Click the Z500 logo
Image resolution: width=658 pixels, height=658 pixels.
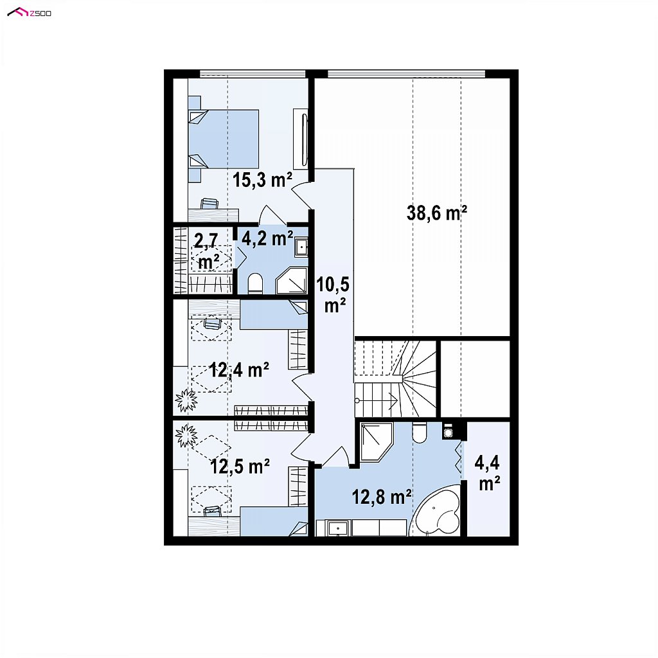30,13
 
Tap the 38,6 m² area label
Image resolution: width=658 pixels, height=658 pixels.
436,213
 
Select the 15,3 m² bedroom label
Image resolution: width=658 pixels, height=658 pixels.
262,180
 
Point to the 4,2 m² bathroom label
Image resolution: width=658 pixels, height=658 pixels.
267,238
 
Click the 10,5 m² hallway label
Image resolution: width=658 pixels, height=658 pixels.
333,295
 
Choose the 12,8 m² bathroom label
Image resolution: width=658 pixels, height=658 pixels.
382,497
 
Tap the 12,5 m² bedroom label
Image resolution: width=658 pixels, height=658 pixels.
240,467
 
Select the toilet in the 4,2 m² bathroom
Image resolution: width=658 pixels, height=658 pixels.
255,283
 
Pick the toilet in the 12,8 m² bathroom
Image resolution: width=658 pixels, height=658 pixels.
419,432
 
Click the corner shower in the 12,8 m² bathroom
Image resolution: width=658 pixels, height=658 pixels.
375,442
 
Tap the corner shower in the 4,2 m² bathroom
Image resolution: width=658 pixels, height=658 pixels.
292,280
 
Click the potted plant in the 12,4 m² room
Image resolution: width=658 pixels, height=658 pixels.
186,400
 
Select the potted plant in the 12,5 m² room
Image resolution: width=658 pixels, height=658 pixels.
186,435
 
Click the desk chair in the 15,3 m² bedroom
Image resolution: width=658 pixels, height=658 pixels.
209,204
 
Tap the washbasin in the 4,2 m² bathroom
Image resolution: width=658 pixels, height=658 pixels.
301,247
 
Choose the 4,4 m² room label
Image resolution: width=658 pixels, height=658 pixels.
488,473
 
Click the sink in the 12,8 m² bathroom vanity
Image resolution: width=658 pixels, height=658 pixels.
338,528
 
